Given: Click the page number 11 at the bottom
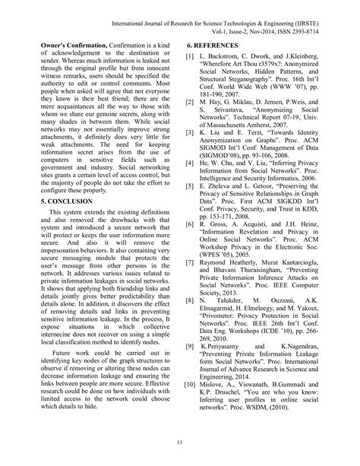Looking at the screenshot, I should click(x=179, y=444).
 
